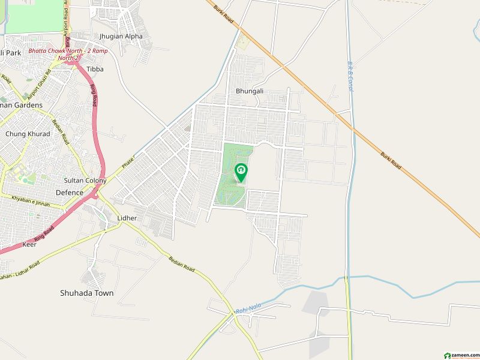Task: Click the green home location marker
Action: [x=241, y=172]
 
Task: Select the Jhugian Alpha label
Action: [x=121, y=36]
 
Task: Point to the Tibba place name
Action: [x=95, y=69]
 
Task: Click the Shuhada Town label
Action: [x=86, y=293]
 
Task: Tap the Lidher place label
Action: [x=127, y=218]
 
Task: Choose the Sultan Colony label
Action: [x=85, y=181]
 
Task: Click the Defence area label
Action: [x=70, y=193]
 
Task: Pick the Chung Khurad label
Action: [x=25, y=134]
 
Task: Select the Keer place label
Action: [x=29, y=245]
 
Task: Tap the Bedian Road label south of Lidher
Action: [x=181, y=263]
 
